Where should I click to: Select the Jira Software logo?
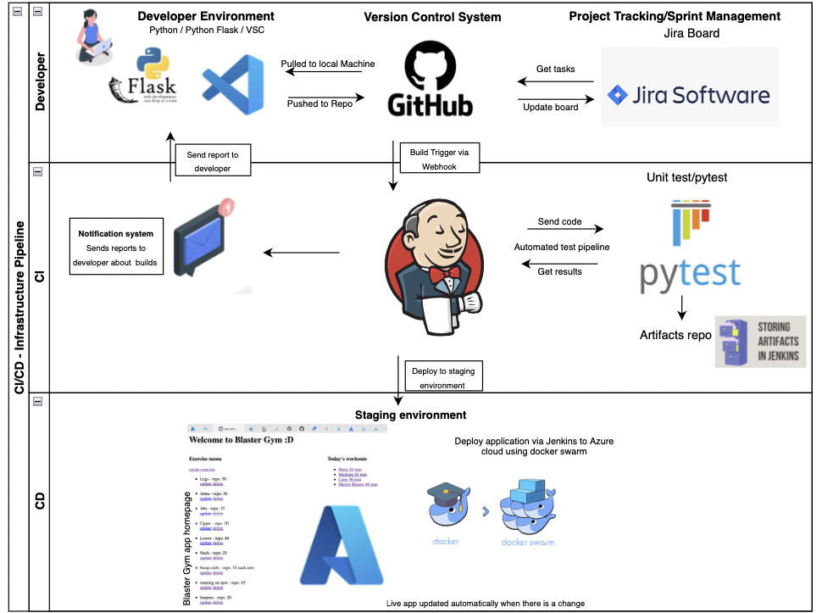click(688, 94)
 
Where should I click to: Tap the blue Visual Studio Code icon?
click(231, 85)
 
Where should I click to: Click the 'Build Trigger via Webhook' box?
click(439, 159)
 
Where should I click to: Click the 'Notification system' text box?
click(115, 248)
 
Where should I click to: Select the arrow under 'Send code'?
click(564, 230)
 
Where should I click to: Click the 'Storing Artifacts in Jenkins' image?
click(760, 342)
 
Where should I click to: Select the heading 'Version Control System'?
click(432, 17)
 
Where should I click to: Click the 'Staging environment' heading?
click(410, 415)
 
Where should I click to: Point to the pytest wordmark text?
click(690, 273)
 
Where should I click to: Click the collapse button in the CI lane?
click(38, 172)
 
